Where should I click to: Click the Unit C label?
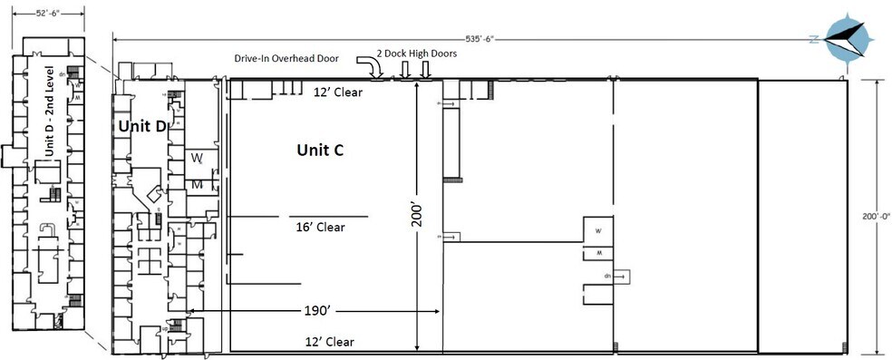(319, 150)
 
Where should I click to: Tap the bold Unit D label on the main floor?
(141, 126)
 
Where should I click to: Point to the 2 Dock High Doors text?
(418, 54)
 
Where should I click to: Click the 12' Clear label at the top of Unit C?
(333, 92)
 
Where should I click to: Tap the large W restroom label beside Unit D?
(196, 158)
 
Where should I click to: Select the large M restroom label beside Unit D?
(196, 184)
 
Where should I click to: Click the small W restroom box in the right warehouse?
(597, 230)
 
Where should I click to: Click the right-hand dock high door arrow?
(425, 69)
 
